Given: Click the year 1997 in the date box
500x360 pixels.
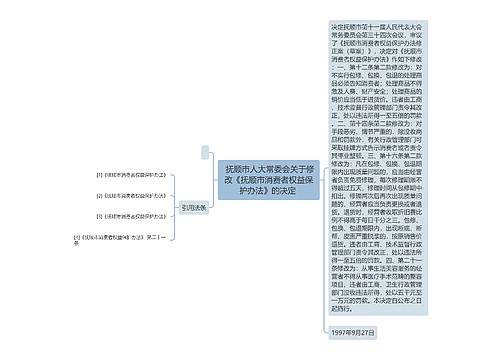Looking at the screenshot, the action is pyautogui.click(x=341, y=330).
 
